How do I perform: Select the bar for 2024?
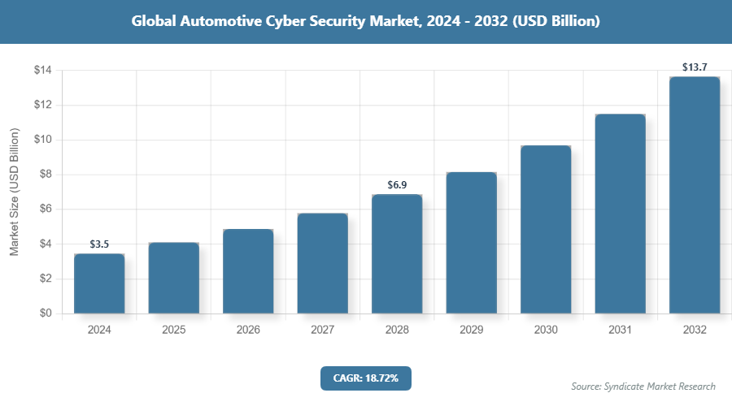coord(99,283)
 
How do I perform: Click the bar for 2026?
coord(248,271)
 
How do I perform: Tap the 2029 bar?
coord(471,243)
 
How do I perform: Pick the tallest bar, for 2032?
coord(695,195)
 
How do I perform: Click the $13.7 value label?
coord(695,65)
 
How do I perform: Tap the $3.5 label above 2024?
coord(99,243)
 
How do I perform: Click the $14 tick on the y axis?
coord(43,71)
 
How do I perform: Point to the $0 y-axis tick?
coord(46,313)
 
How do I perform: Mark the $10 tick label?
coord(43,140)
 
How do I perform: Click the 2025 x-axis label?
coord(174,330)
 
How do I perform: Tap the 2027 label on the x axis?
coord(322,330)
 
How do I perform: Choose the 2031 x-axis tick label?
coord(620,330)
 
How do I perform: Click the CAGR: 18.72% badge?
coord(366,378)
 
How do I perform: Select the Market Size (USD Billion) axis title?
coord(14,192)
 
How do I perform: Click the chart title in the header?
coord(366,22)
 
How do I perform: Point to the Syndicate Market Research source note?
coord(643,386)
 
